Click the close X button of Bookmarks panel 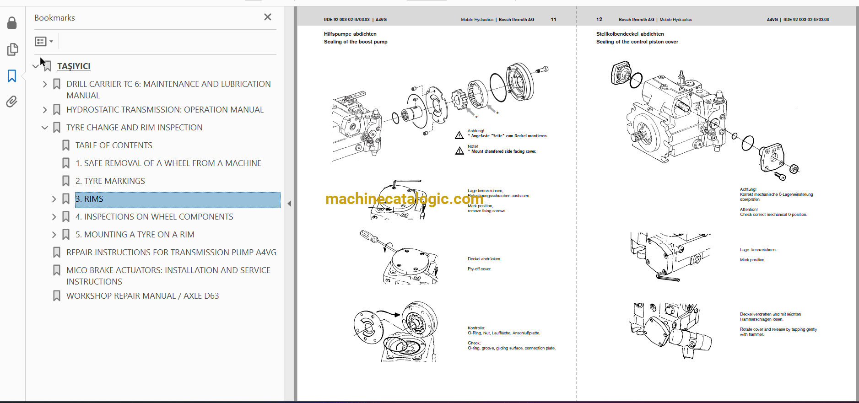(x=268, y=17)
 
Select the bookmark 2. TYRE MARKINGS (x=110, y=181)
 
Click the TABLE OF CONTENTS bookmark (x=113, y=145)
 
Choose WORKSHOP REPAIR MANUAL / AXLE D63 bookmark (x=142, y=296)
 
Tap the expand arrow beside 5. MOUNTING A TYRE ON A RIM (x=54, y=235)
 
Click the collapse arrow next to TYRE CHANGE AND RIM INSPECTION (x=44, y=128)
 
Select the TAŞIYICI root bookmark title (x=74, y=66)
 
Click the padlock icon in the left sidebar (x=12, y=23)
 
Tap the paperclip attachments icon (x=12, y=101)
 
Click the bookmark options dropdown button (x=44, y=42)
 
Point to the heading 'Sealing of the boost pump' (x=356, y=42)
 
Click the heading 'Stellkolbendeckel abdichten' (x=630, y=34)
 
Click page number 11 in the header (x=553, y=20)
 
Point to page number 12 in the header (x=599, y=20)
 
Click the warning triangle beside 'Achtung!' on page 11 (x=459, y=135)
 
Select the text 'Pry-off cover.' (x=479, y=269)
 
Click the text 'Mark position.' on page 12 (x=752, y=260)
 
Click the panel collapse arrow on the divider (x=289, y=204)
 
